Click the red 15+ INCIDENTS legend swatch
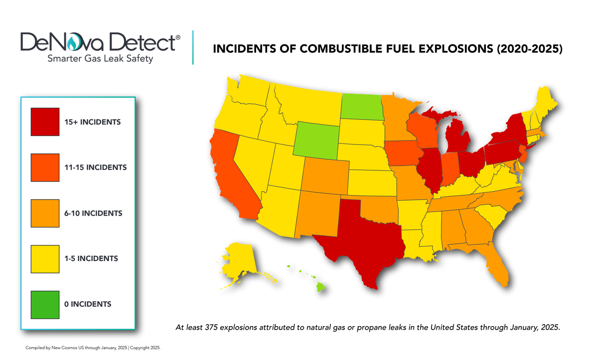45,121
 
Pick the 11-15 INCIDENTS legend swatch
45,167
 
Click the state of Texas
361,239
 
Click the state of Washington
247,93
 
